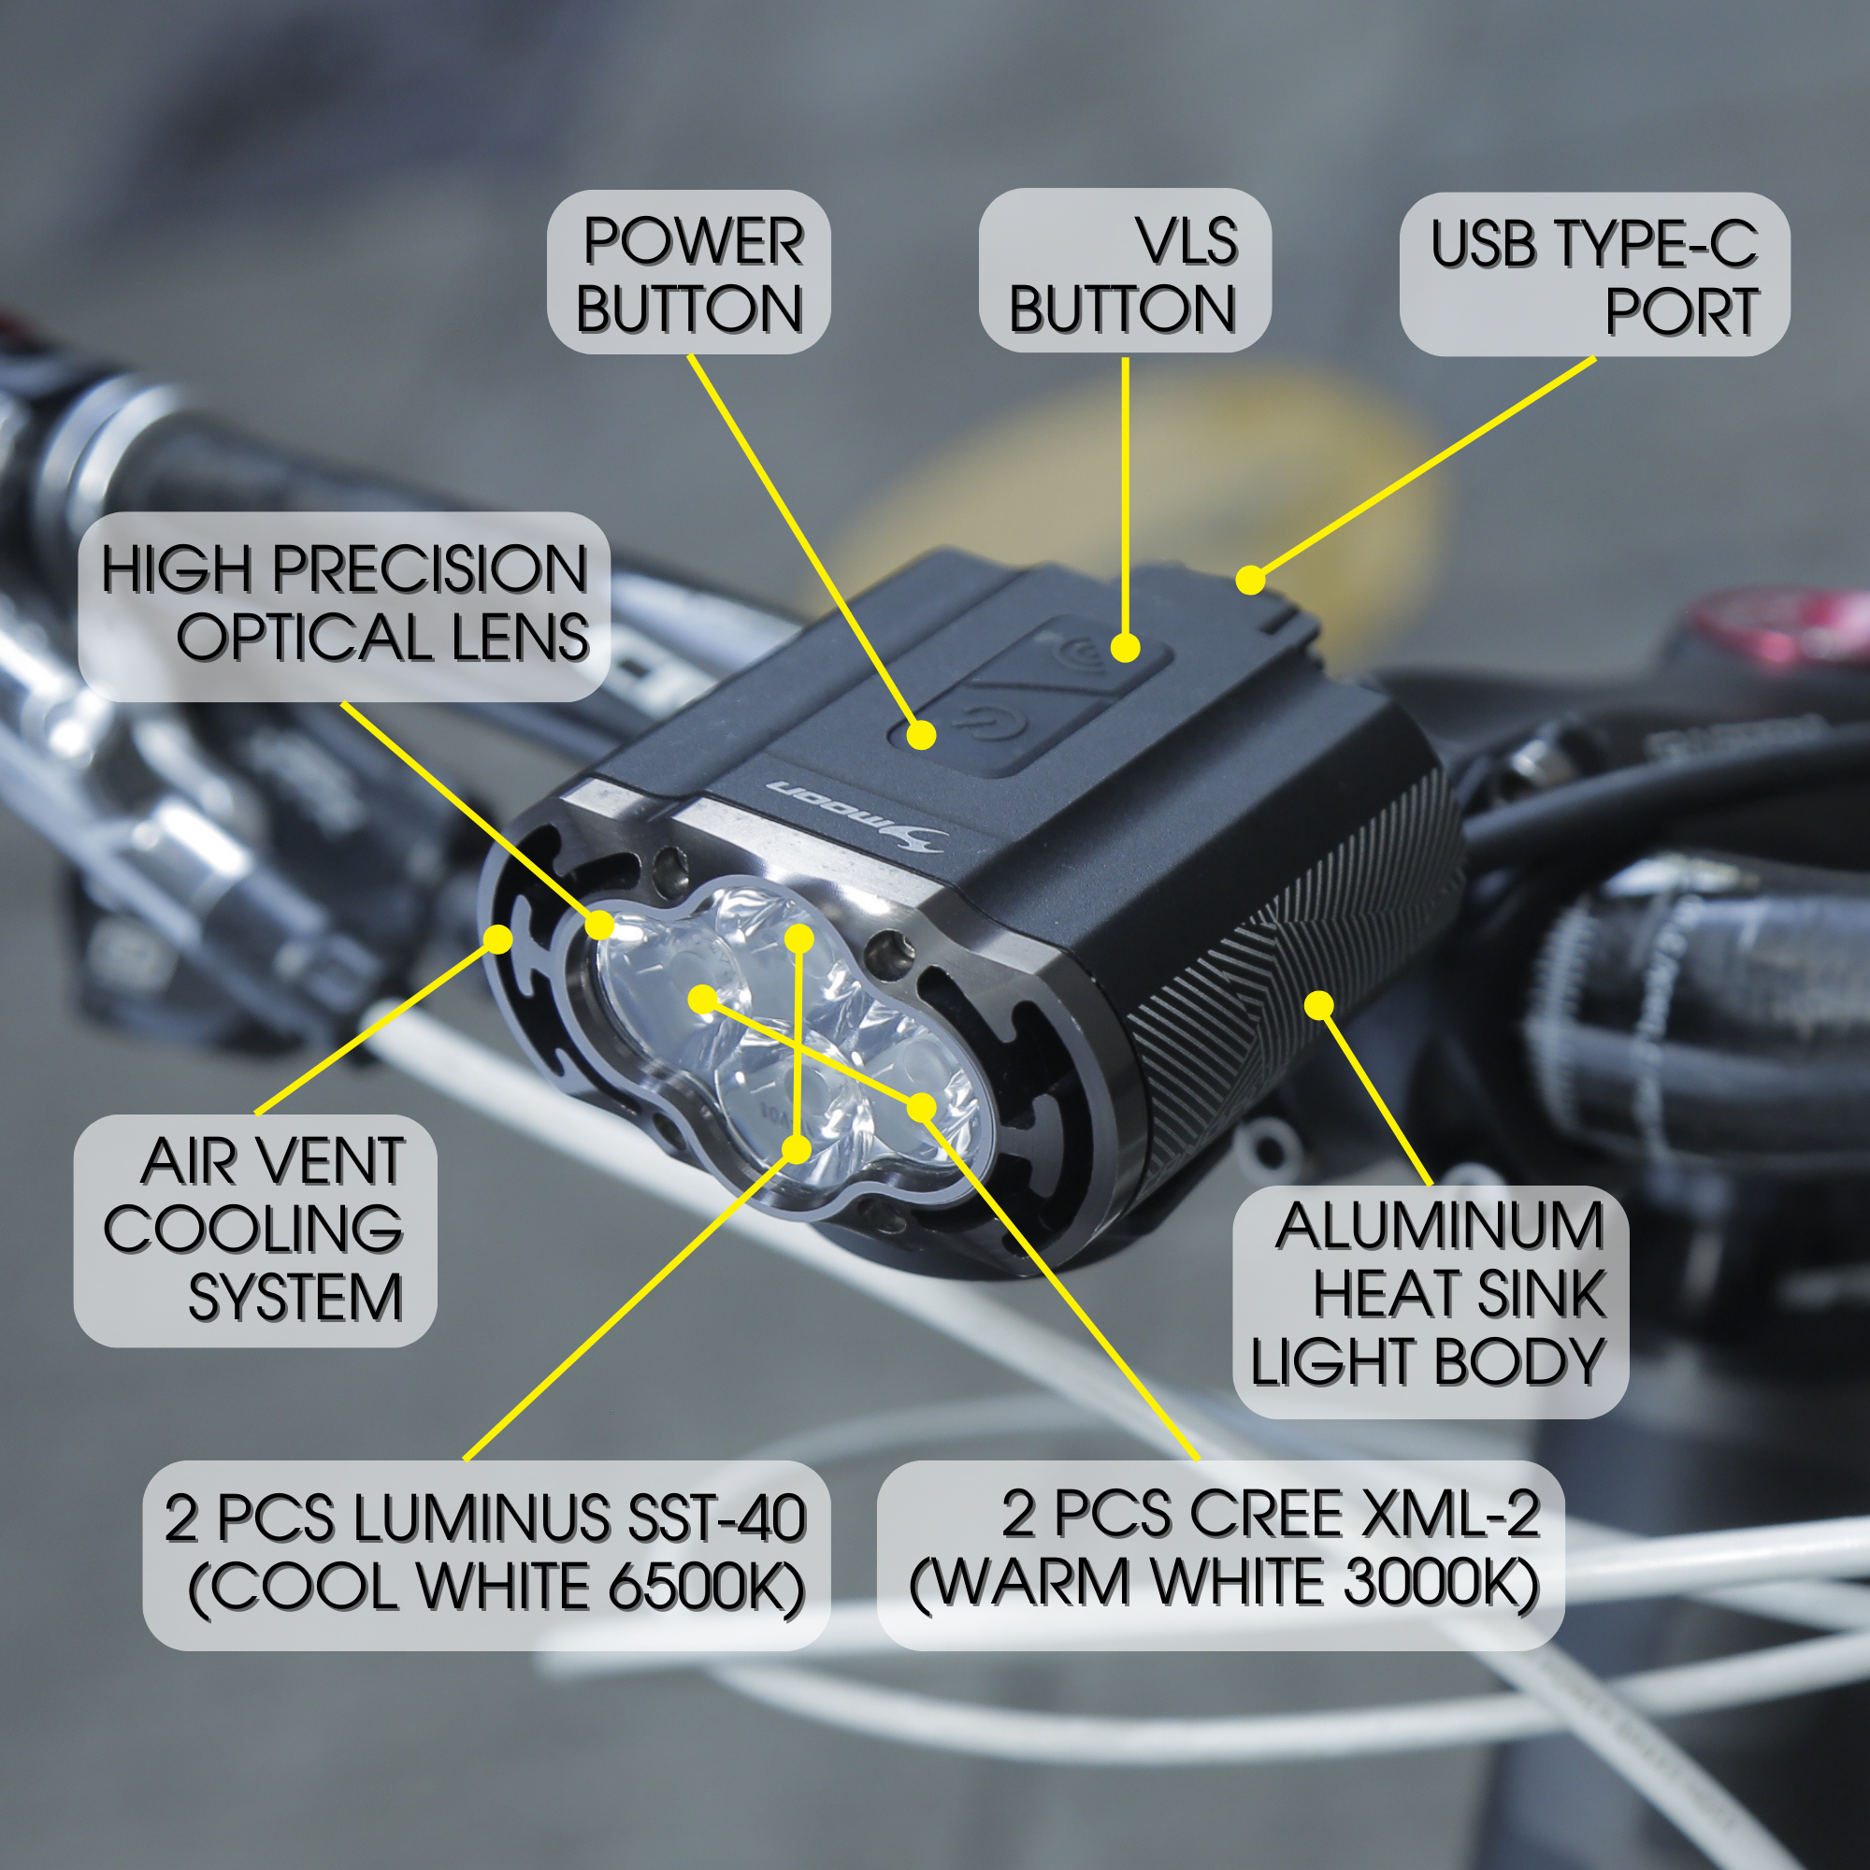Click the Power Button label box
click(x=689, y=273)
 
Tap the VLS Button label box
click(x=1124, y=272)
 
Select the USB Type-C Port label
click(x=1594, y=275)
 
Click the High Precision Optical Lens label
click(x=345, y=605)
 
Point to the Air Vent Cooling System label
click(x=255, y=1230)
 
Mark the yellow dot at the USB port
click(x=1250, y=580)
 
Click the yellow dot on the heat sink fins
click(x=1319, y=1006)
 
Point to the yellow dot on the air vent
click(x=498, y=937)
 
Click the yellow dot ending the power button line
click(x=923, y=736)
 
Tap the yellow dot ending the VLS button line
click(x=1125, y=648)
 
